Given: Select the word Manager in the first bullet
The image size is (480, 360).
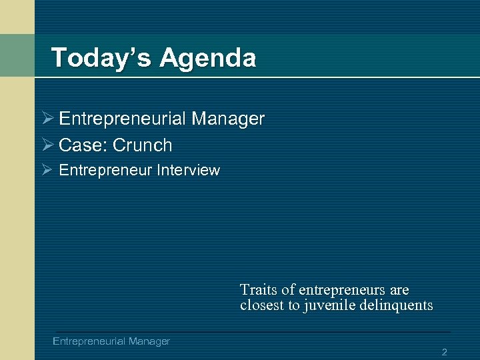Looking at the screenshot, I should [x=228, y=119].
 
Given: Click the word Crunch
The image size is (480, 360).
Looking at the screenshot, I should [x=143, y=145].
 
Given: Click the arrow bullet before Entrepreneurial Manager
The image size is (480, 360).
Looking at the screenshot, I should [x=47, y=119].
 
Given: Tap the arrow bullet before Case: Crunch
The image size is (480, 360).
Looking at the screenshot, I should [x=47, y=145].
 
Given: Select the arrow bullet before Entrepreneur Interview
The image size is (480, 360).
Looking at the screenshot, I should [x=47, y=171].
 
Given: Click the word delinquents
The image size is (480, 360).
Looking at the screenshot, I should [x=398, y=306].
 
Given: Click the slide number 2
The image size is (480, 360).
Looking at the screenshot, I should [x=444, y=351].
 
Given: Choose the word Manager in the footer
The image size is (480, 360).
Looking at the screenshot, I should [x=149, y=341].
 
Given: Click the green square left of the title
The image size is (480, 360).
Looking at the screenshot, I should [x=17, y=55].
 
